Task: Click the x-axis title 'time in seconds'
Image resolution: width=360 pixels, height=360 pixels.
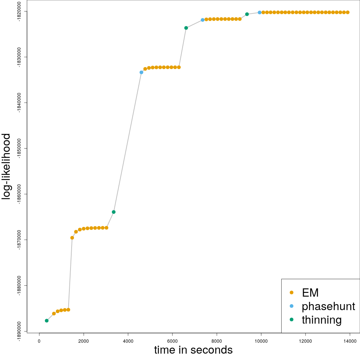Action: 193,350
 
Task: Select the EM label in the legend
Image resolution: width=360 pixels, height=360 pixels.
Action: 310,292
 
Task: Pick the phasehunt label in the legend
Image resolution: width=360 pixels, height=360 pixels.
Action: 328,306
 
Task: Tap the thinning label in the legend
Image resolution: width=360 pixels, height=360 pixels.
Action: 321,320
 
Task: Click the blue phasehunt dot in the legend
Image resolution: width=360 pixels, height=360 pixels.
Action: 291,306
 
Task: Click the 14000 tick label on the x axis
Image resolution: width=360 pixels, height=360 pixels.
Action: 350,340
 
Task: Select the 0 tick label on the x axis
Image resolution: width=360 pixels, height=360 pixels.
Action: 39,340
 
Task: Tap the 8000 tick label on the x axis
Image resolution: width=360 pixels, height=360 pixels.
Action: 217,340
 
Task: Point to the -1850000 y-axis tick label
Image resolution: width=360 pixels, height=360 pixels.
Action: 19,148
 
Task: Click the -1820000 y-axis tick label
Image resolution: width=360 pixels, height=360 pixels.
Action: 19,12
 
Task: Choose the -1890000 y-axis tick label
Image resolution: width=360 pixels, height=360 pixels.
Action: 19,331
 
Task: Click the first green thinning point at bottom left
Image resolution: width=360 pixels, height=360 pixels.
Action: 46,321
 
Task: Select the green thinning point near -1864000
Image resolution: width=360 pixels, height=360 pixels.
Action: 114,212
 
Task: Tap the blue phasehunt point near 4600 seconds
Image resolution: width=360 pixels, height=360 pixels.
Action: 141,72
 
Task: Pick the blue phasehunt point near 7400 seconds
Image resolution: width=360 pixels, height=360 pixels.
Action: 202,20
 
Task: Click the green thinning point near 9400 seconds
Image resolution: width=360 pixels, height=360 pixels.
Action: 247,14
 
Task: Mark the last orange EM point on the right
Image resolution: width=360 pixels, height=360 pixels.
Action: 348,12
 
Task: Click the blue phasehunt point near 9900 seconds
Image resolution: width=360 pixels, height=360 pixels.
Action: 259,12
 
